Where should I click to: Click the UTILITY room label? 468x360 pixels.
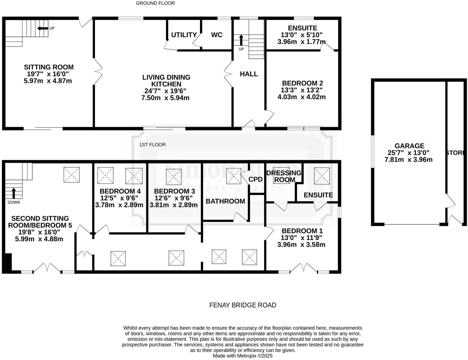pyautogui.click(x=184, y=35)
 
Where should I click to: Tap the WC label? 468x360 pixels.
pyautogui.click(x=217, y=35)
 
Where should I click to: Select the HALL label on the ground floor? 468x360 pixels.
pyautogui.click(x=249, y=74)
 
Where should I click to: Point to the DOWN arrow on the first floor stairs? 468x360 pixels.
pyautogui.click(x=13, y=193)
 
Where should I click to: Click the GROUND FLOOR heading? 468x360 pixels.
pyautogui.click(x=155, y=3)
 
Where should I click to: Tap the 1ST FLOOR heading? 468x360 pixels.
pyautogui.click(x=152, y=145)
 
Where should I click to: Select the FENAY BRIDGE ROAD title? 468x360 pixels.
pyautogui.click(x=242, y=305)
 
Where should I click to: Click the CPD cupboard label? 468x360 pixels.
pyautogui.click(x=255, y=179)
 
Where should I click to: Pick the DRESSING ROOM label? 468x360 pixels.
pyautogui.click(x=284, y=176)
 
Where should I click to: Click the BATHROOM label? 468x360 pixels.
pyautogui.click(x=225, y=201)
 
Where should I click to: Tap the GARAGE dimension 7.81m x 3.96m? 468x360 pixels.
pyautogui.click(x=408, y=160)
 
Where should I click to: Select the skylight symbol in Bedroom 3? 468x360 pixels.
pyautogui.click(x=174, y=177)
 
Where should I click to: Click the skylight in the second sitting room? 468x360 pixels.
pyautogui.click(x=71, y=175)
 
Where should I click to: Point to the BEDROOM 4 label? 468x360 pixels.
pyautogui.click(x=120, y=191)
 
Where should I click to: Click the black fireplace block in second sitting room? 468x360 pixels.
pyautogui.click(x=9, y=262)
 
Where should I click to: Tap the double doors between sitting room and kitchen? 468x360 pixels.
pyautogui.click(x=98, y=72)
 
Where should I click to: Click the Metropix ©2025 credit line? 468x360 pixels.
pyautogui.click(x=242, y=356)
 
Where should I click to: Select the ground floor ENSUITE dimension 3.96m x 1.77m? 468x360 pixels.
pyautogui.click(x=301, y=42)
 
